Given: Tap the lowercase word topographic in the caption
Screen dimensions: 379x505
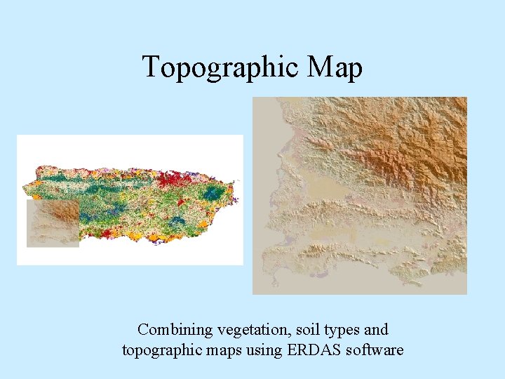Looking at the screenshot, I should pos(162,350).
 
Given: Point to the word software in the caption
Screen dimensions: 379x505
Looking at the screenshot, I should pos(377,349).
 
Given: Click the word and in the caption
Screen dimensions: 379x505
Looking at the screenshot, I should pos(375,329).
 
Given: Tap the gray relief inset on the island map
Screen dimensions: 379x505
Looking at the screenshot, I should pos(53,224).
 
